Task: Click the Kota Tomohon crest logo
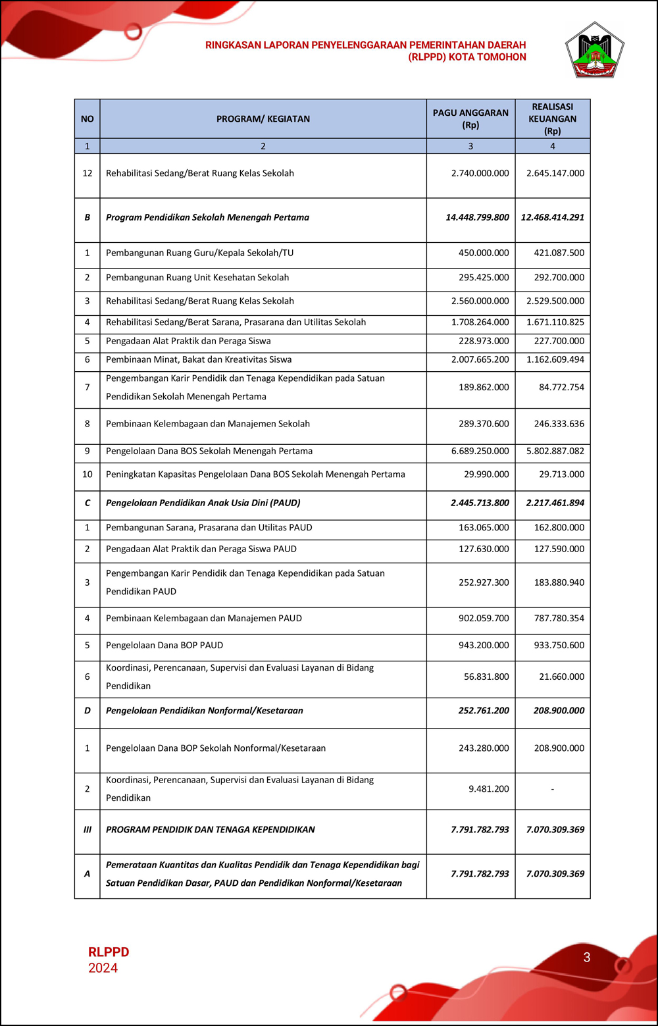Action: [594, 51]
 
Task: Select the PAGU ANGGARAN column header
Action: [470, 118]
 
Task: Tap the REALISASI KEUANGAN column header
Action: [552, 118]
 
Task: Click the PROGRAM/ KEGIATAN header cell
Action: [263, 119]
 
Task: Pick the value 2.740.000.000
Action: [480, 173]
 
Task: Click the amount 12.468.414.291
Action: [552, 217]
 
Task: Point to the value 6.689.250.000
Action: [480, 451]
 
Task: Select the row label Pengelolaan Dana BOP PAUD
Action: [164, 646]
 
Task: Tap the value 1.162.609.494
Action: [559, 360]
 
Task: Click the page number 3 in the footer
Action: [587, 958]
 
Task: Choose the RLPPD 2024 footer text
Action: [109, 960]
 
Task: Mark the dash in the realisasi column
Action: [552, 789]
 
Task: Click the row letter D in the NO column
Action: [87, 711]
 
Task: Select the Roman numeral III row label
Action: [87, 830]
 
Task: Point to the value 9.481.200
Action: [488, 789]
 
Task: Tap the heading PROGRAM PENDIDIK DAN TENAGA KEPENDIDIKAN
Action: [211, 830]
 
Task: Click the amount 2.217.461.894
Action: [555, 503]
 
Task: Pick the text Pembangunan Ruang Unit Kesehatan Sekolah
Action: [197, 278]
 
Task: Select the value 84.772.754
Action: [561, 388]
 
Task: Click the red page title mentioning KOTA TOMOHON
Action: [366, 51]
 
